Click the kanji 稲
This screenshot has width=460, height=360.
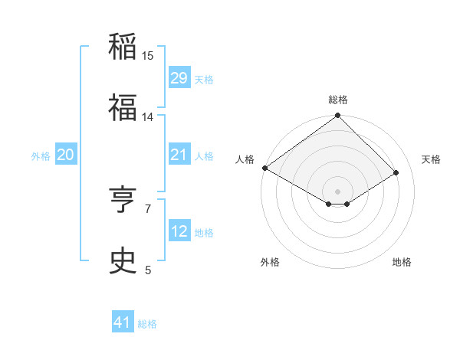pyautogui.click(x=123, y=47)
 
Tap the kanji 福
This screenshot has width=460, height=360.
pyautogui.click(x=123, y=108)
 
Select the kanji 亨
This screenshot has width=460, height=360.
pyautogui.click(x=123, y=200)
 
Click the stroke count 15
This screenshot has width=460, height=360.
pyautogui.click(x=148, y=56)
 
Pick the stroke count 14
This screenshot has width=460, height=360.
pyautogui.click(x=148, y=117)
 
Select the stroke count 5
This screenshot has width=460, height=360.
pyautogui.click(x=148, y=270)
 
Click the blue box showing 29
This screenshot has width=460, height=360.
pyautogui.click(x=179, y=78)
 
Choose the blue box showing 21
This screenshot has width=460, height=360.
pyautogui.click(x=179, y=155)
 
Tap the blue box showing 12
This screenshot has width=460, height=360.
pyautogui.click(x=179, y=231)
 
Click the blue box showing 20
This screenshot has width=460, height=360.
pyautogui.click(x=66, y=155)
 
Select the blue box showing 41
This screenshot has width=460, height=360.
pyautogui.click(x=123, y=322)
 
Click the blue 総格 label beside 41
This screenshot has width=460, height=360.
pyautogui.click(x=147, y=324)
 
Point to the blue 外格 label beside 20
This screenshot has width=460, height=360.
pyautogui.click(x=41, y=155)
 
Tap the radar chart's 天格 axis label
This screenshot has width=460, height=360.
pyautogui.click(x=431, y=159)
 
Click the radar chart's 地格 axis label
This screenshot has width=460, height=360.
pyautogui.click(x=402, y=262)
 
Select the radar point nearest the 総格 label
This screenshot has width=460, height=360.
pyautogui.click(x=337, y=116)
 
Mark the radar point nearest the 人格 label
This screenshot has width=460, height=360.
pyautogui.click(x=264, y=168)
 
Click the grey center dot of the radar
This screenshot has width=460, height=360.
pyautogui.click(x=337, y=190)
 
